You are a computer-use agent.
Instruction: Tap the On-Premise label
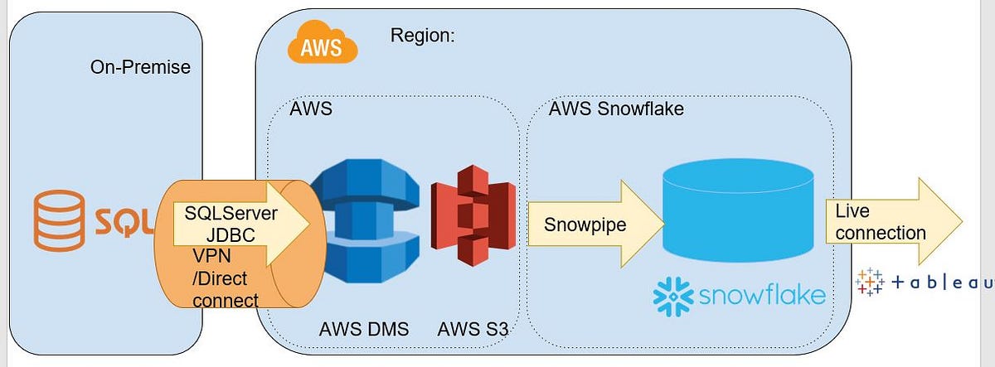140,67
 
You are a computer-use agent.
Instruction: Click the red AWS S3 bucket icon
470,215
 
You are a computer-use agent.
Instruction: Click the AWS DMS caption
364,329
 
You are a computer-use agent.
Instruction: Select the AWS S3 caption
473,329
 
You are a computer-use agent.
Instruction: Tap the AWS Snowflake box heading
616,109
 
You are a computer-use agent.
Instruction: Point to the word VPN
212,256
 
